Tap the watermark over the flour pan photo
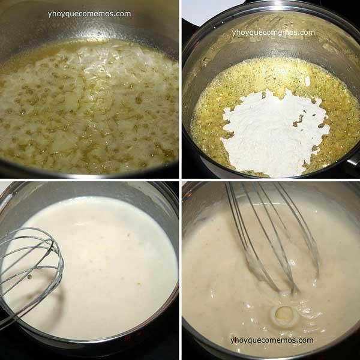coord(273,32)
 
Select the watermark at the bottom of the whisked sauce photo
coord(271,340)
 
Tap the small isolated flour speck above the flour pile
coord(307,80)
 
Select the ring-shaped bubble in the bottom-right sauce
coord(283,314)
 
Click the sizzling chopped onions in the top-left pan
coord(90,108)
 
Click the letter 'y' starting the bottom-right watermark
coord(233,341)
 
